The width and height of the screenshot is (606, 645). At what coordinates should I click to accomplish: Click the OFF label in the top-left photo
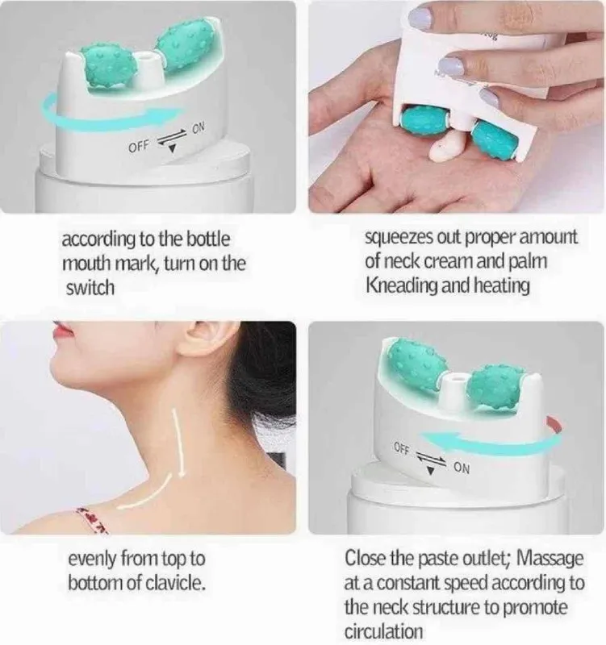click(139, 147)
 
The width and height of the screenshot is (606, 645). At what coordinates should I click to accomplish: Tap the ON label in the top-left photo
click(199, 128)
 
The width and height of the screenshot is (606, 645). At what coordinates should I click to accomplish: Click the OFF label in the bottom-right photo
click(402, 448)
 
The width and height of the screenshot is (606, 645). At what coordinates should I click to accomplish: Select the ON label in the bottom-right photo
click(462, 468)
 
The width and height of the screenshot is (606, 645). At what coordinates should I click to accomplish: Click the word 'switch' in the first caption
click(90, 288)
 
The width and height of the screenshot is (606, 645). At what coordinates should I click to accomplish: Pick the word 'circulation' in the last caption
click(383, 630)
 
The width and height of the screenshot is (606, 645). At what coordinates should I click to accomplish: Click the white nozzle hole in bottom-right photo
click(455, 377)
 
